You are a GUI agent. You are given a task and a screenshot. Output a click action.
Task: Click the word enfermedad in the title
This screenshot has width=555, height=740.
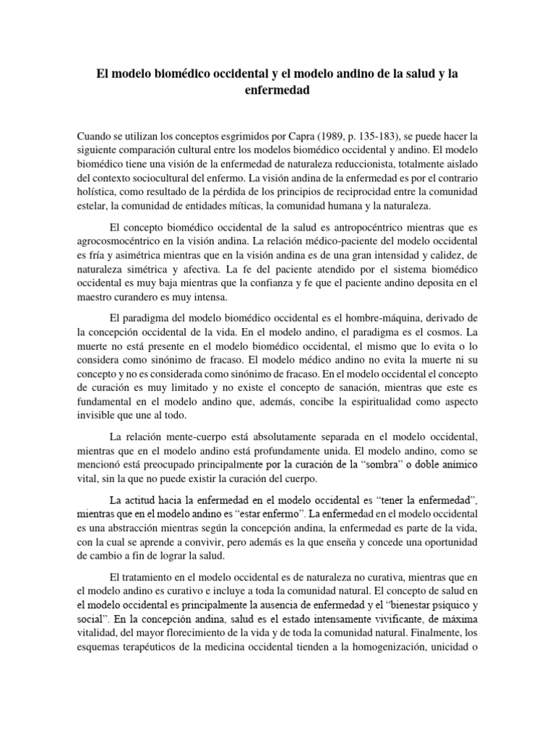277,92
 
